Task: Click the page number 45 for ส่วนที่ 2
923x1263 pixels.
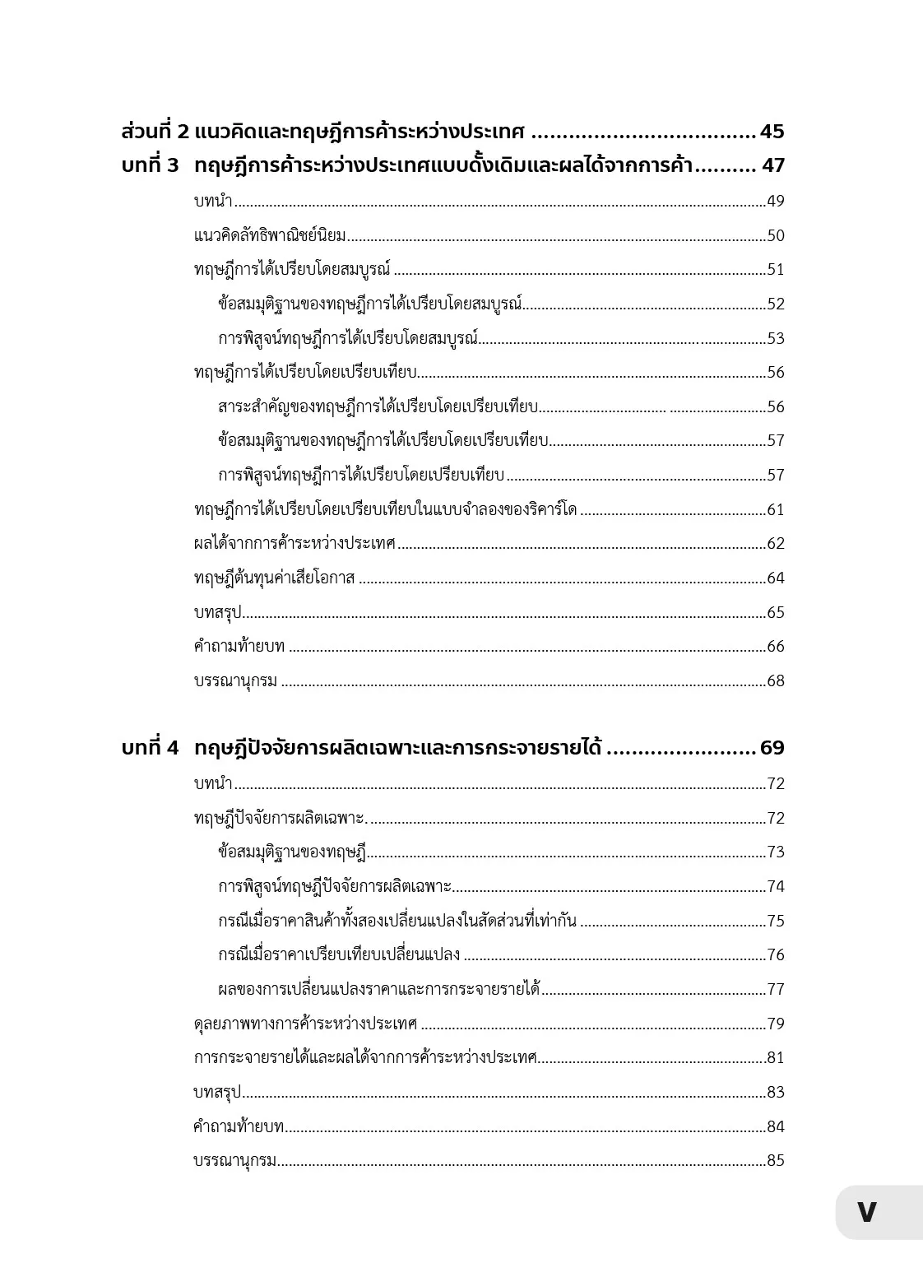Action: (x=772, y=132)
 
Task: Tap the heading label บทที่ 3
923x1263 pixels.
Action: (x=150, y=165)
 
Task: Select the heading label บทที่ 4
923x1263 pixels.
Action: (x=150, y=748)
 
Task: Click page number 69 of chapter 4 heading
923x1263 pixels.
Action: (x=772, y=748)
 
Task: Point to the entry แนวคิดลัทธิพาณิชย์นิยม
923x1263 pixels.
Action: (x=270, y=236)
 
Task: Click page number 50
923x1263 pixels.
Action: (x=776, y=236)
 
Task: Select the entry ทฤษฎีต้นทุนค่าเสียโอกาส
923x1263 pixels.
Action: (x=274, y=578)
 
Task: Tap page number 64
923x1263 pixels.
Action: (x=776, y=578)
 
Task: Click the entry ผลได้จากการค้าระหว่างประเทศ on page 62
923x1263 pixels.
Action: (x=295, y=544)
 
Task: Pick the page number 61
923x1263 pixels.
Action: (x=776, y=510)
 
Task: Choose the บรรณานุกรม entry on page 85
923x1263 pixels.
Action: (x=235, y=1161)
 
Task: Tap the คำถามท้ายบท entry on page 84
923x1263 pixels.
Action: (x=239, y=1126)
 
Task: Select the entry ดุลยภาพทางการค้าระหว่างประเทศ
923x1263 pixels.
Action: (x=305, y=1024)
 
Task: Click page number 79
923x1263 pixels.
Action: (x=776, y=1024)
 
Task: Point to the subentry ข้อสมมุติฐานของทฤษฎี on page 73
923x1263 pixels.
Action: (x=292, y=852)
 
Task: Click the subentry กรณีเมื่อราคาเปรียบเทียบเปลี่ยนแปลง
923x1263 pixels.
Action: (x=339, y=955)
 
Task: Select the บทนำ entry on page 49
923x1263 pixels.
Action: (x=213, y=202)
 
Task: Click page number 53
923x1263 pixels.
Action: (x=776, y=339)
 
